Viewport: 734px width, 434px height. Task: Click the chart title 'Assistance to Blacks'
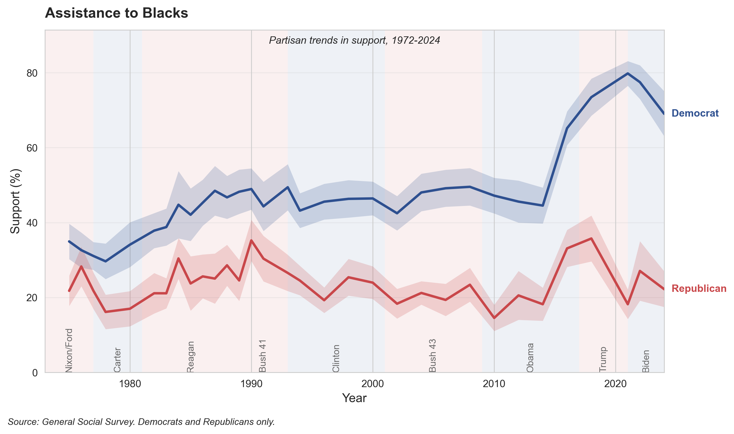(x=116, y=13)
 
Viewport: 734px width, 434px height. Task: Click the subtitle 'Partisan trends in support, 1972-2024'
(x=354, y=40)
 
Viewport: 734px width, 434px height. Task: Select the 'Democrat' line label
(x=695, y=113)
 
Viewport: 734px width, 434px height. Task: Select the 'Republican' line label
(x=699, y=288)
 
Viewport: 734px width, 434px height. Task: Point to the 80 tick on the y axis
(x=32, y=73)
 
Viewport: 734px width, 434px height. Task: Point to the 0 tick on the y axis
(x=35, y=373)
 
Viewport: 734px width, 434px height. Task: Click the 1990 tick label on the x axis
(x=251, y=384)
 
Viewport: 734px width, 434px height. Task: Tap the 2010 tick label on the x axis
(x=494, y=384)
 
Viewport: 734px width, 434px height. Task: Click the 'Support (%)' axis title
(x=15, y=201)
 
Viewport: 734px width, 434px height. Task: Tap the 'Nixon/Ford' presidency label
(x=69, y=350)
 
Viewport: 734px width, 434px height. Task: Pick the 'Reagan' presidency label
(x=190, y=356)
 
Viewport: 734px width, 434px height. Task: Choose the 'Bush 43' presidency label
(x=432, y=356)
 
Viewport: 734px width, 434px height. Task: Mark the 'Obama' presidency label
(x=530, y=357)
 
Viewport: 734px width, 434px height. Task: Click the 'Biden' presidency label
(x=646, y=361)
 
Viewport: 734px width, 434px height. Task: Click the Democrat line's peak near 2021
(x=627, y=73)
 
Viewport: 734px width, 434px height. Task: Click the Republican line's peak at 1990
(x=251, y=240)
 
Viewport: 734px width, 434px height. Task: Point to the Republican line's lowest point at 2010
(x=494, y=318)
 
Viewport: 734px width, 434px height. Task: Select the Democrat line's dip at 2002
(x=397, y=214)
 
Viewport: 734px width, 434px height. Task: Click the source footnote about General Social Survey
(x=141, y=422)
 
